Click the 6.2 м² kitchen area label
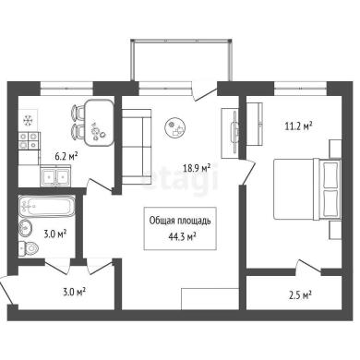(66, 157)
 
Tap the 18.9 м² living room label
(197, 168)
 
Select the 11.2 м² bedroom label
(298, 126)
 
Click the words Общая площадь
(180, 221)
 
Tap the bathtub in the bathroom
(46, 206)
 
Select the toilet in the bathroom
(28, 246)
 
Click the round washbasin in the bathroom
(26, 228)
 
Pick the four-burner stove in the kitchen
(30, 140)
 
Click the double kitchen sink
(55, 176)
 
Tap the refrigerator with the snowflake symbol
(29, 120)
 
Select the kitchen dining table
(99, 123)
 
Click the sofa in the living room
(137, 147)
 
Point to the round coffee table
(175, 127)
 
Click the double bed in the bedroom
(307, 189)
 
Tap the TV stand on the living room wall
(230, 133)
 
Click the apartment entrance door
(6, 291)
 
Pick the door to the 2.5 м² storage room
(308, 266)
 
